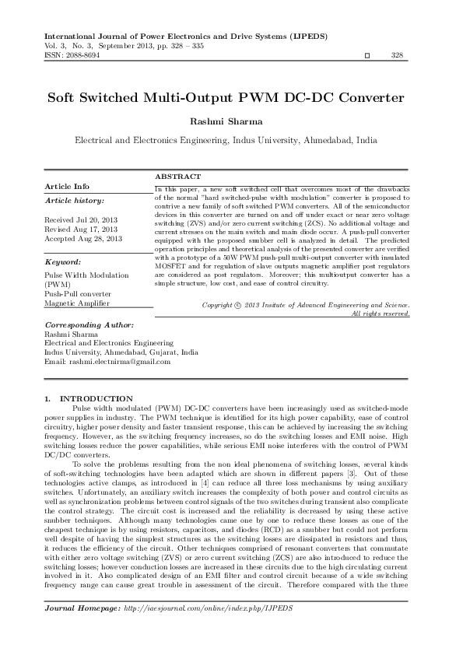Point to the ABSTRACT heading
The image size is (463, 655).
[x=178, y=177]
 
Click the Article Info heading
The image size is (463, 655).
[x=67, y=187]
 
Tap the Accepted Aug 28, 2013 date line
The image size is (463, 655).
[x=83, y=238]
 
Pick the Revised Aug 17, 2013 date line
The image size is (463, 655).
[x=81, y=229]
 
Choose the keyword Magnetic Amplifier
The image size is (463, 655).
[x=77, y=302]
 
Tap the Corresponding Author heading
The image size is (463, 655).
[x=89, y=323]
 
